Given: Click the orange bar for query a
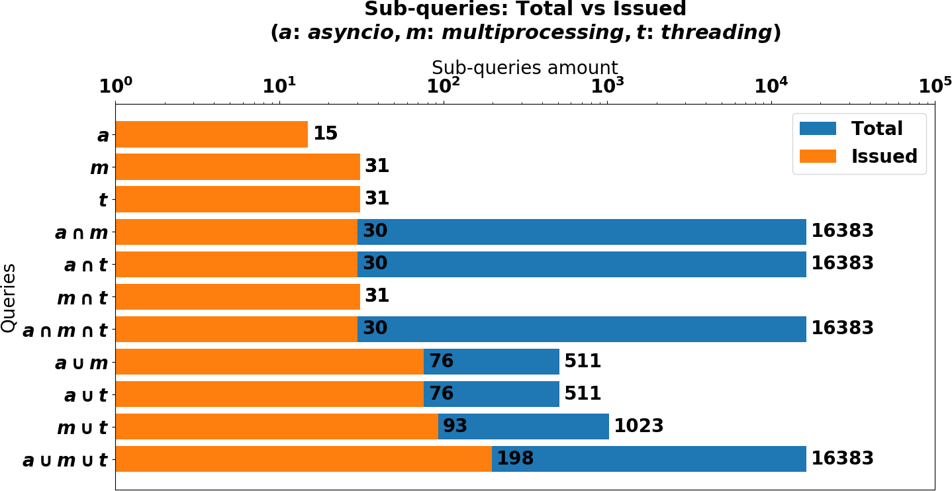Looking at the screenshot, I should (x=211, y=134).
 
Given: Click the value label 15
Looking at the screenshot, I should (x=325, y=134).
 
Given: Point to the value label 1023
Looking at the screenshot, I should (x=638, y=426).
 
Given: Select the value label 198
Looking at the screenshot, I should (x=515, y=459).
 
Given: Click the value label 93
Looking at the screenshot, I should (x=455, y=426).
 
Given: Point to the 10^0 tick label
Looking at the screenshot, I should (x=115, y=85).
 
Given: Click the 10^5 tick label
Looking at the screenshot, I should (x=933, y=85).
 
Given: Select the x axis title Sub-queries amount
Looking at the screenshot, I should (x=524, y=67).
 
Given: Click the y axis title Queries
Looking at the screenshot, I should (x=9, y=298).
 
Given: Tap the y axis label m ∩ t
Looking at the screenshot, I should (x=82, y=298).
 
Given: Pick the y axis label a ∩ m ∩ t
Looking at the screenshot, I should (x=65, y=330).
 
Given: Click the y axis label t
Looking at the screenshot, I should (x=103, y=200).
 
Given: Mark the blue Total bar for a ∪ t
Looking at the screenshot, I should (x=491, y=394).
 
